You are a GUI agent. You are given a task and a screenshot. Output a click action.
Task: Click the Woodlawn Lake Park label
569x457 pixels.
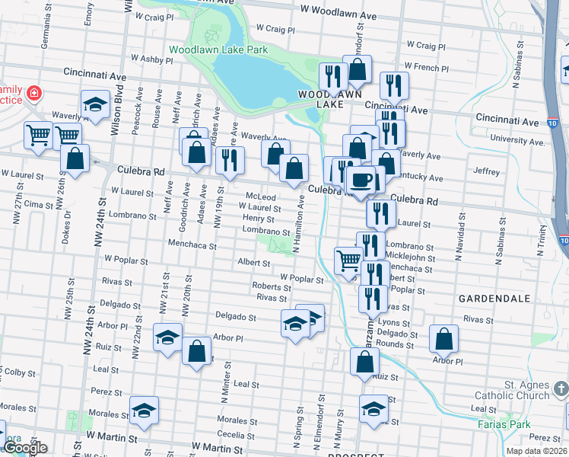218,50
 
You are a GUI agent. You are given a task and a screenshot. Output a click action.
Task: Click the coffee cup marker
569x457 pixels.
360,180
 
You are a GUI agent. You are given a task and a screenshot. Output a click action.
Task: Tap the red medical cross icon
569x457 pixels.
33,93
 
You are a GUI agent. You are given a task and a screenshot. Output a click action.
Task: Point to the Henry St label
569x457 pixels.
259,219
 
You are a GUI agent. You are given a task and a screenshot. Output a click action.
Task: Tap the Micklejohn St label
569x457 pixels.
411,257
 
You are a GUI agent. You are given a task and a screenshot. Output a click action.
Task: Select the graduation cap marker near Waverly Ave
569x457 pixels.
95,104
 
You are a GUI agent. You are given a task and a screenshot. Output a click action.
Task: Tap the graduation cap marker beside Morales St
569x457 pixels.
144,410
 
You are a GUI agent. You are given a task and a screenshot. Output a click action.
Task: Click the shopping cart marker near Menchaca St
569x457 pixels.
348,260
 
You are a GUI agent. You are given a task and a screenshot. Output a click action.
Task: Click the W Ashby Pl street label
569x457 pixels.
153,58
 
